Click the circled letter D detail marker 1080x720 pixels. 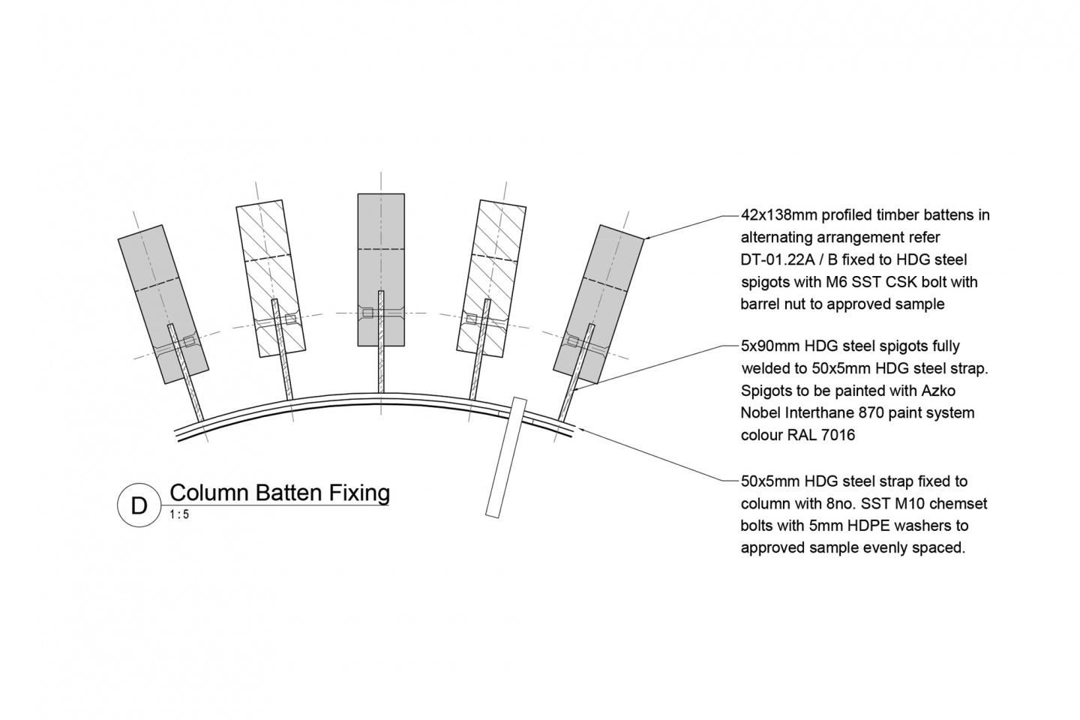[139, 506]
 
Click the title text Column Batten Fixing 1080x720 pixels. [280, 493]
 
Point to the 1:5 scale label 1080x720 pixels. [179, 514]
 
